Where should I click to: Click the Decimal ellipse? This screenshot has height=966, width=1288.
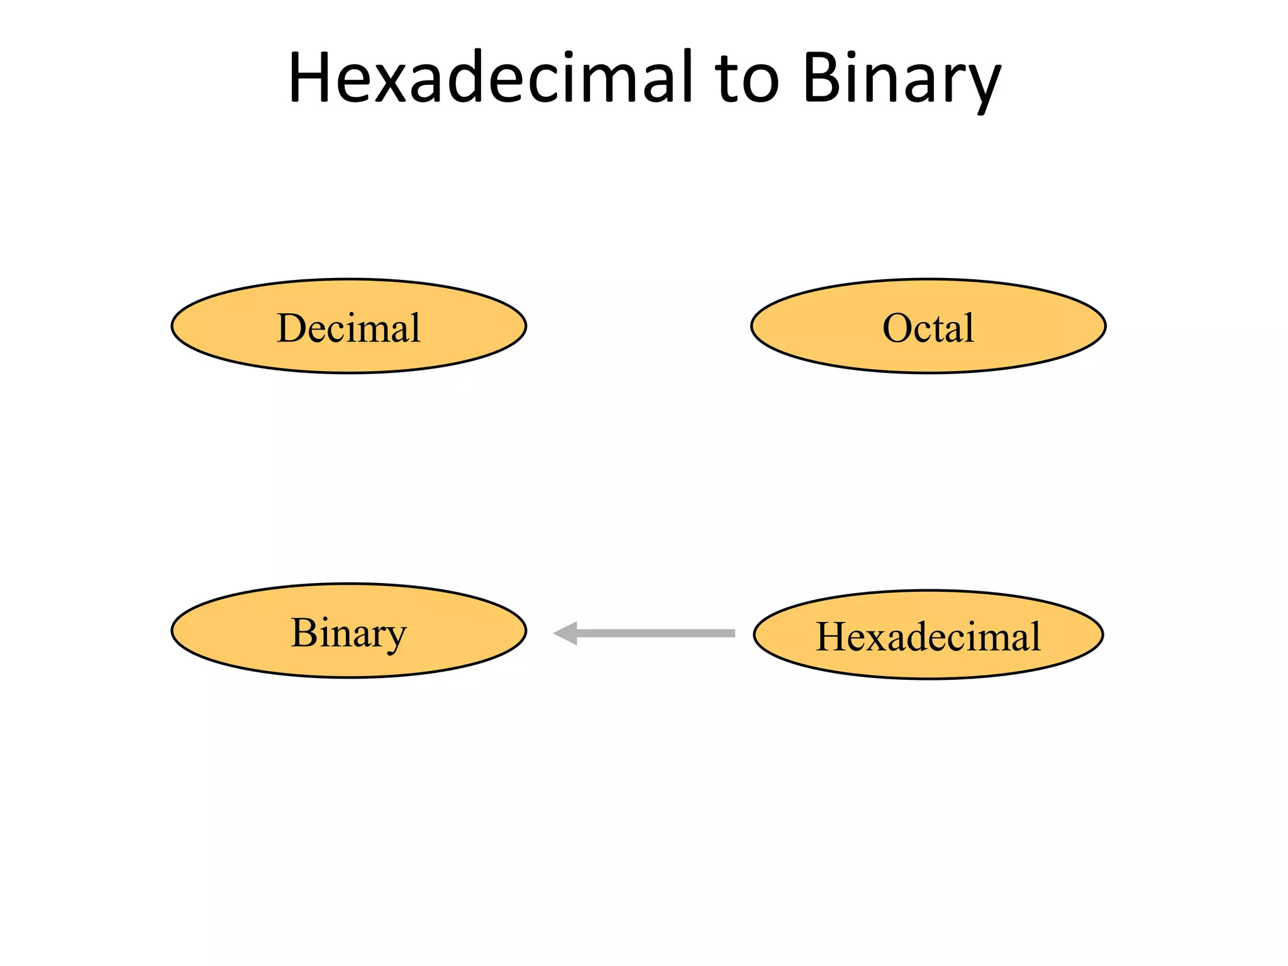pyautogui.click(x=349, y=326)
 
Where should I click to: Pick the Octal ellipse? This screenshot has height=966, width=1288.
pyautogui.click(x=928, y=326)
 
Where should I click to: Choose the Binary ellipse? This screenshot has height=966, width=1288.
pyautogui.click(x=349, y=630)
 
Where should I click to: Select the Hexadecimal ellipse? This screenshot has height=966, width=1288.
pyautogui.click(x=928, y=635)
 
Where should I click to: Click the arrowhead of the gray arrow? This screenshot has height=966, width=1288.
pyautogui.click(x=566, y=633)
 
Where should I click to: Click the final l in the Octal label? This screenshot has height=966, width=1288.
pyautogui.click(x=969, y=327)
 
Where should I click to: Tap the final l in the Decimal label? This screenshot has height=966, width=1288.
pyautogui.click(x=415, y=327)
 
